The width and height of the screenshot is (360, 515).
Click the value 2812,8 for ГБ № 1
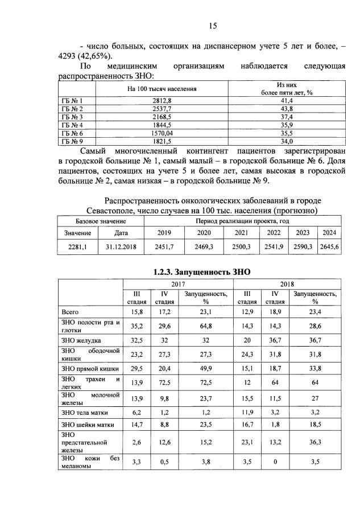coord(162,100)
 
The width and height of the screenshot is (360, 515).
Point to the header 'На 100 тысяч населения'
coord(162,89)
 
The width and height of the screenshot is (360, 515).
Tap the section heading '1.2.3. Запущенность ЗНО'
coord(202,272)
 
